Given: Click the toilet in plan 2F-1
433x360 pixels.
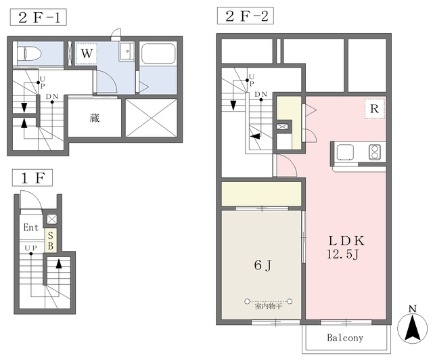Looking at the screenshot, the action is coord(29,53).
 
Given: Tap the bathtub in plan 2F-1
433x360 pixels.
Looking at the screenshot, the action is coord(158,53).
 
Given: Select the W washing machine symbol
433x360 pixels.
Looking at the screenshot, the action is coord(87,53).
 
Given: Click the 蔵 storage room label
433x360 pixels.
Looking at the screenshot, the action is coord(95,118).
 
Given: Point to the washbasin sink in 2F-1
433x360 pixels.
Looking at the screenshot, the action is coord(127,51).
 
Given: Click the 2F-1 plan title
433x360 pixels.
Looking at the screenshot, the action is coord(39,18).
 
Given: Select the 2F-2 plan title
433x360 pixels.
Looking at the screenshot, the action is coord(246,16).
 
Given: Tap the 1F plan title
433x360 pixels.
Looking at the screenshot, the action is coord(32,178).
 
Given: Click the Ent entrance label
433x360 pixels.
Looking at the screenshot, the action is coord(31,227).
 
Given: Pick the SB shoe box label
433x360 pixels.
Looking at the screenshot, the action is coord(51,240).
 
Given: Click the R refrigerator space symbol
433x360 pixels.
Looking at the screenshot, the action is coord(374,108).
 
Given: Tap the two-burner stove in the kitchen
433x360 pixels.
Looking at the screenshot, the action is coord(374,152).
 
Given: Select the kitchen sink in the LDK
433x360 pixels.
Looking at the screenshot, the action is coord(345,152).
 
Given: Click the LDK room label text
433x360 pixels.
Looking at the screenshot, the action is coord(346,241).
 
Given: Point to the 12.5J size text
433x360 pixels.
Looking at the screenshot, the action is coord(342,254).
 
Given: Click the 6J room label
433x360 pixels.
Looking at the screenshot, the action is coord(263,265).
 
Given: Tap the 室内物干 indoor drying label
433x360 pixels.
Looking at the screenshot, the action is coord(269,306).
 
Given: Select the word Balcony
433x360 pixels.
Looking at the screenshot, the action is coord(345,338).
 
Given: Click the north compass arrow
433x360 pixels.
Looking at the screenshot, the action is coord(413,328).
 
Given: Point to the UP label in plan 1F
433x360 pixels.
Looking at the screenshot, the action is coord(30,248).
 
